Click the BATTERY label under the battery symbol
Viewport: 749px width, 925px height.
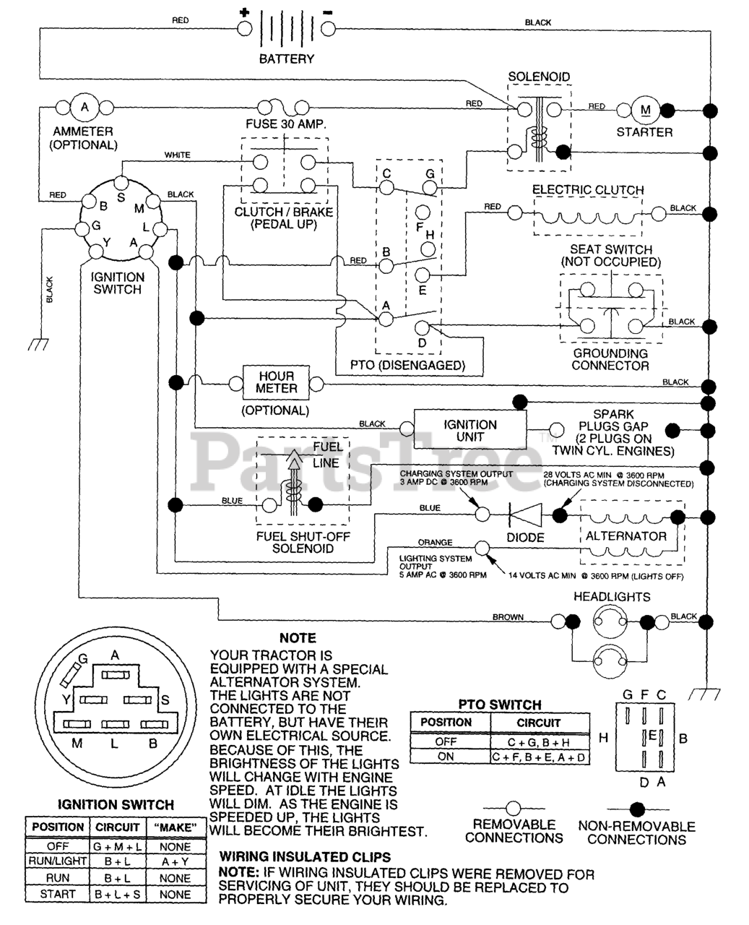coord(287,59)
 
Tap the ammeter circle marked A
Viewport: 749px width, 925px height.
coord(85,108)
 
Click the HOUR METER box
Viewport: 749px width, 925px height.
coord(276,382)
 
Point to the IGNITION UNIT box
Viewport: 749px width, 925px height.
coord(470,431)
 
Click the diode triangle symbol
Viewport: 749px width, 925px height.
coord(521,515)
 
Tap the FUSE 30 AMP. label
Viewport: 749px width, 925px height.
coord(286,124)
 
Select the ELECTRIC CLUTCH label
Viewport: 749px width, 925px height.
coord(588,190)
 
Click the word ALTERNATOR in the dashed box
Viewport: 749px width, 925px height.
coord(625,536)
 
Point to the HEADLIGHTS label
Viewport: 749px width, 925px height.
coord(612,597)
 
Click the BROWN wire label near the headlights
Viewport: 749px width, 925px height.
coord(508,617)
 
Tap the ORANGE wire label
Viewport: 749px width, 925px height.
coord(435,542)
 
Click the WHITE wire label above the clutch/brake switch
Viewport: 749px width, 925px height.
coord(178,155)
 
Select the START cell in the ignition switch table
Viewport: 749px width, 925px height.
coord(58,894)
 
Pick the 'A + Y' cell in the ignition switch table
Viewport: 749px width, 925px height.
coord(175,862)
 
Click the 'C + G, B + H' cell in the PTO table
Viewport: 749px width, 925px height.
coord(539,741)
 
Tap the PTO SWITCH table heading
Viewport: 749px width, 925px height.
coord(500,705)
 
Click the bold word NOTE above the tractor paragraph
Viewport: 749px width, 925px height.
coord(298,638)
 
